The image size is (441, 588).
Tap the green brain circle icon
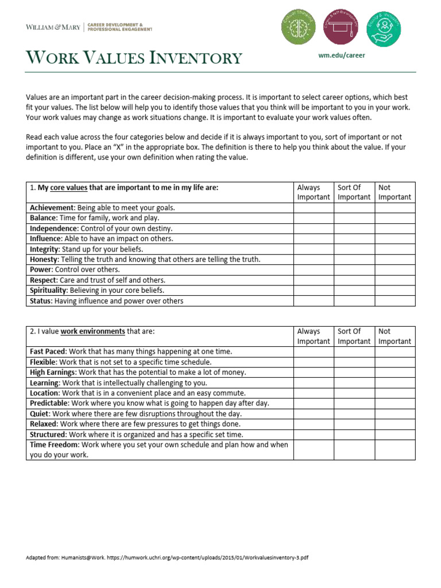[298, 27]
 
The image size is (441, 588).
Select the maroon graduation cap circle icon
[341, 27]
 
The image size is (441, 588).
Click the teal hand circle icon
[383, 27]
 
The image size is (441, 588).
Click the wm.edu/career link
[341, 55]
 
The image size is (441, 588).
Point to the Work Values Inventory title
[134, 58]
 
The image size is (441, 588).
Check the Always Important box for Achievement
[314, 208]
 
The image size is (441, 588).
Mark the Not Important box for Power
[395, 270]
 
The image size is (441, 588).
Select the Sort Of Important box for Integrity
[354, 249]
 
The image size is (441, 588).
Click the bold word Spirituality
[48, 291]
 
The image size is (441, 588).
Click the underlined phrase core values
[68, 187]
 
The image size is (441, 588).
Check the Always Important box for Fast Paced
[314, 351]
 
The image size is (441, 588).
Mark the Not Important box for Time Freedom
[395, 450]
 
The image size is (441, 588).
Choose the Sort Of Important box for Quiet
[354, 413]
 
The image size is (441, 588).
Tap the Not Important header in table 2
[394, 336]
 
